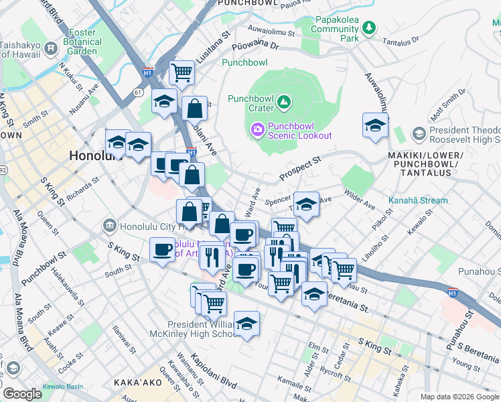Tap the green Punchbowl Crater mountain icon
point(285,102)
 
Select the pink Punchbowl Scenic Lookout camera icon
point(257,129)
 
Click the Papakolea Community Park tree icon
point(368,27)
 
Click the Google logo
point(21,394)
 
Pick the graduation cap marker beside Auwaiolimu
point(375,125)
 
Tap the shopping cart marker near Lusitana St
point(182,72)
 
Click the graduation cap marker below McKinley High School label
point(246,324)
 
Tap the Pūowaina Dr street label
point(255,46)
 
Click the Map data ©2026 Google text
point(459,397)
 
